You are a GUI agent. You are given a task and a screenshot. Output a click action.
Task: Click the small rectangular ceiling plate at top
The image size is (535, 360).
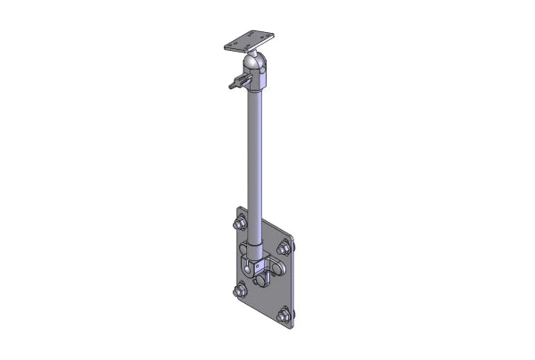(249, 41)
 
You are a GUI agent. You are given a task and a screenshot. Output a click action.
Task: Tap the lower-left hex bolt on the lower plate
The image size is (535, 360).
(240, 290)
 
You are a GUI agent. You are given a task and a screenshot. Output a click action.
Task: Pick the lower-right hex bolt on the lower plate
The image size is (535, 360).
(284, 315)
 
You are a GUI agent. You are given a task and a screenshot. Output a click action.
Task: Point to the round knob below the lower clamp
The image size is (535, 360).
(262, 281)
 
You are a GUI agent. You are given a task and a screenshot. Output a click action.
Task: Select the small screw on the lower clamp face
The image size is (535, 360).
(257, 267)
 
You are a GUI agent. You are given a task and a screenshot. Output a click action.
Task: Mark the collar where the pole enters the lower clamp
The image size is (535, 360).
(256, 241)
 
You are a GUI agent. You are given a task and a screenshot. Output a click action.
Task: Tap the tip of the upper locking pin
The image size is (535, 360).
(230, 86)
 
